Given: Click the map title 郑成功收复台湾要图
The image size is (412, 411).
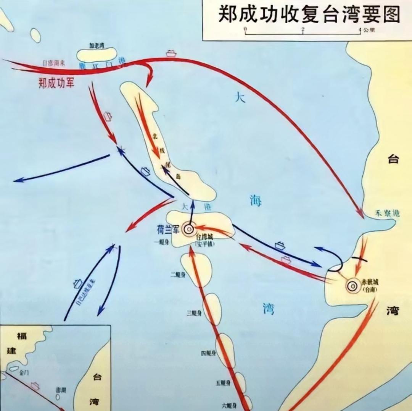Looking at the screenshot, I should (x=309, y=14).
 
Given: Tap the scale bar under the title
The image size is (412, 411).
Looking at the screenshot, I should (x=303, y=31).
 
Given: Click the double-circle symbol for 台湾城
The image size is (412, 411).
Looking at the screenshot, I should (x=188, y=229).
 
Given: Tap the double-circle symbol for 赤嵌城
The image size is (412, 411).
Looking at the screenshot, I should (x=352, y=285).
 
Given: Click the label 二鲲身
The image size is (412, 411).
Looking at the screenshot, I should (x=178, y=274).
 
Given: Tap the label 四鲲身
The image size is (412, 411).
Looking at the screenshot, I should (x=208, y=353).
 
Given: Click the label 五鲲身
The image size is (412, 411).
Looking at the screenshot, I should (x=223, y=383).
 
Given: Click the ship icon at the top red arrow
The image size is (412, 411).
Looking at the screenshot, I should (x=171, y=53).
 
